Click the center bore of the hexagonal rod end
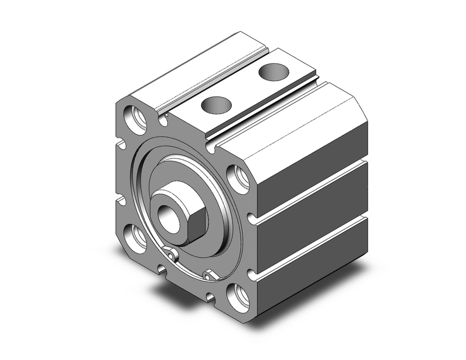[167, 215]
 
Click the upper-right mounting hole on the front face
[239, 179]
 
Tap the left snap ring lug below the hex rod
[172, 255]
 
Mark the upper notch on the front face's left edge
[121, 145]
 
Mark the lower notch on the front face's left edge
[121, 201]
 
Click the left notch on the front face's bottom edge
[161, 269]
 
